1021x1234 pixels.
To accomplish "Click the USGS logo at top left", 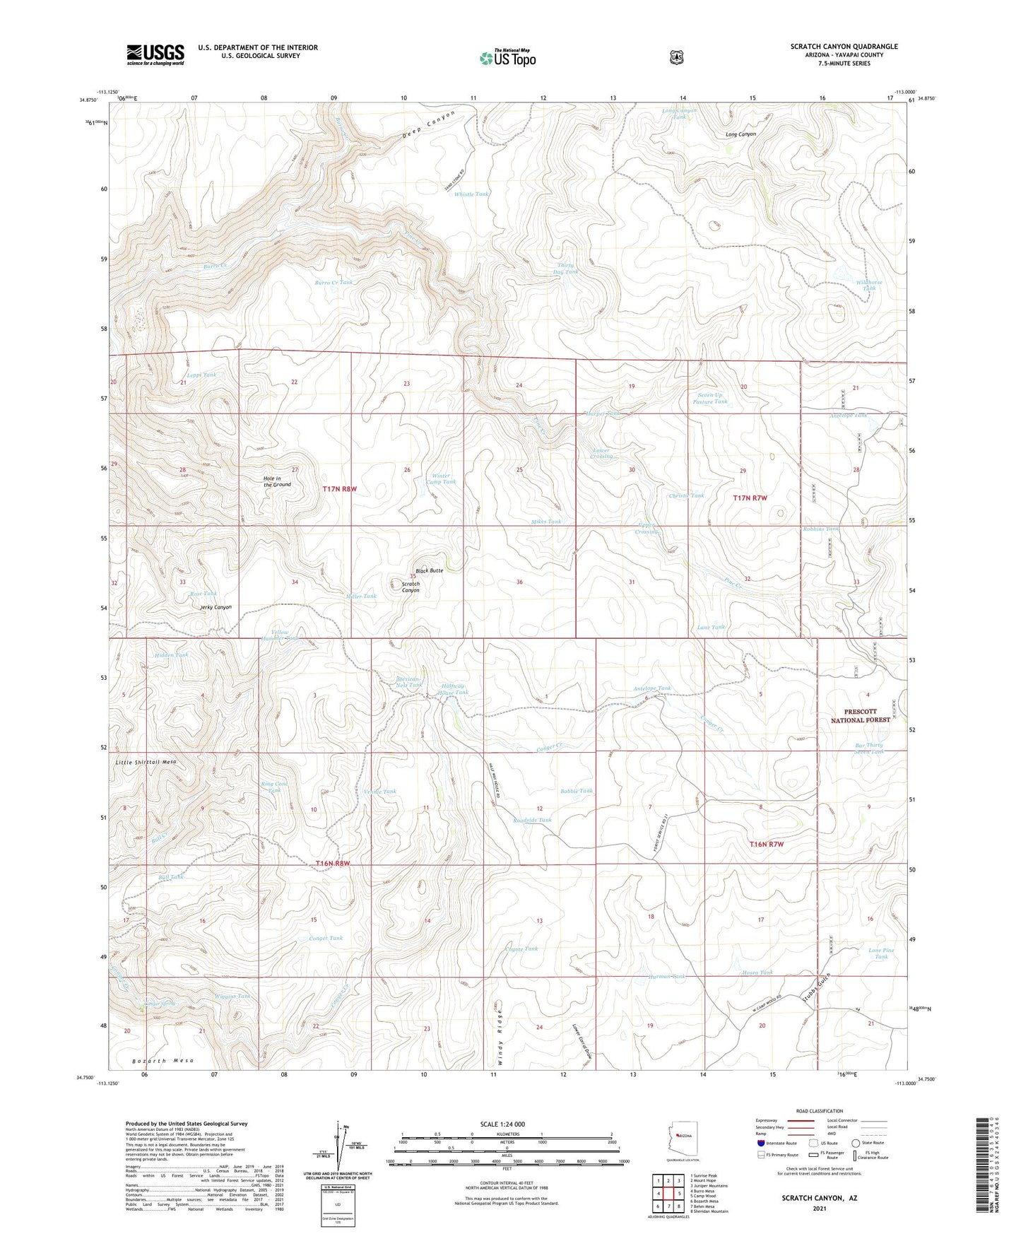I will (x=155, y=54).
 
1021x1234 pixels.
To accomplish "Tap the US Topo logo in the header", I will (x=507, y=58).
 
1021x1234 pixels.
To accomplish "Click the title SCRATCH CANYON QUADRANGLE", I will (x=844, y=47).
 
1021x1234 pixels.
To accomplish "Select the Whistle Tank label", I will (x=471, y=194).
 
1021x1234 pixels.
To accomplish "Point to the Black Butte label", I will (x=429, y=570).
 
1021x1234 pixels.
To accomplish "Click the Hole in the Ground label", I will (x=277, y=481).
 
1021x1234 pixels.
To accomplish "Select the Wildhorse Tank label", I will (x=869, y=285).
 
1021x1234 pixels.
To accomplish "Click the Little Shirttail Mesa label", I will (x=146, y=763).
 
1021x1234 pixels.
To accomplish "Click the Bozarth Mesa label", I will (x=163, y=1061).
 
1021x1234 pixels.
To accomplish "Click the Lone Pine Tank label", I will (x=881, y=953).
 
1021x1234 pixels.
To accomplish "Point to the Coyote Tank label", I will (x=521, y=948).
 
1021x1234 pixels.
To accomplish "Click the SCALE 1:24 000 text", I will (x=502, y=1124).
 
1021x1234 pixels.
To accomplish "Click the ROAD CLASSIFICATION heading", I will (x=820, y=1111).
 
